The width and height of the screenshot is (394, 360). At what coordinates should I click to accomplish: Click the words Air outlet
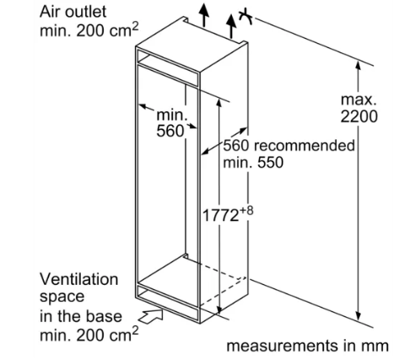tap(73, 12)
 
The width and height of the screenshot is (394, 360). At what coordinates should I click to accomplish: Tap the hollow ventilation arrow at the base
tap(151, 316)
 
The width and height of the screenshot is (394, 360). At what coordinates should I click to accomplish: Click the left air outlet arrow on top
tap(203, 14)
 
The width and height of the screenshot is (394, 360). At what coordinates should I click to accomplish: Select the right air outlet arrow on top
tap(231, 26)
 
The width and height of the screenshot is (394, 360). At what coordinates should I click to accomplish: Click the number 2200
tap(359, 116)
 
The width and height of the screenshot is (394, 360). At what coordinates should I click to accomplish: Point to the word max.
tap(359, 99)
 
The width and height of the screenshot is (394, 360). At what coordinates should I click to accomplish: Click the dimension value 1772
tap(220, 215)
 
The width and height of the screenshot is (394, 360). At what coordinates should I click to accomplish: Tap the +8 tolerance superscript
tap(246, 211)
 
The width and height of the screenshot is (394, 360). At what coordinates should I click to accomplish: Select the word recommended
tap(305, 146)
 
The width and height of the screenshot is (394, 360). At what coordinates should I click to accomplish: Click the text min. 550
tap(253, 163)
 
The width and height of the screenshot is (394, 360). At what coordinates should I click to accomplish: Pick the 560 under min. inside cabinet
tap(170, 131)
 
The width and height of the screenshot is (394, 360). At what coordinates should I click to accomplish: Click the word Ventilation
tap(79, 279)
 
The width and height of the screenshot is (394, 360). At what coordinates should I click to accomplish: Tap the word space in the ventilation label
tap(62, 297)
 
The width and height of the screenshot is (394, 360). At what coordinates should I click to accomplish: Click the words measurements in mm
tap(307, 346)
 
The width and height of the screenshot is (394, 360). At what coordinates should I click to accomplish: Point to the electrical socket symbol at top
tap(246, 17)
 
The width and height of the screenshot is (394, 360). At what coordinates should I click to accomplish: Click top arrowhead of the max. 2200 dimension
tap(358, 65)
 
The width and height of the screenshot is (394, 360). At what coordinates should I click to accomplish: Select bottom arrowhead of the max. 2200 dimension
tap(358, 315)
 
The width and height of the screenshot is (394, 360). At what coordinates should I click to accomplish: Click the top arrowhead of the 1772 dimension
tap(219, 103)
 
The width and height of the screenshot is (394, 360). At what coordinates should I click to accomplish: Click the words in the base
tap(81, 316)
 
